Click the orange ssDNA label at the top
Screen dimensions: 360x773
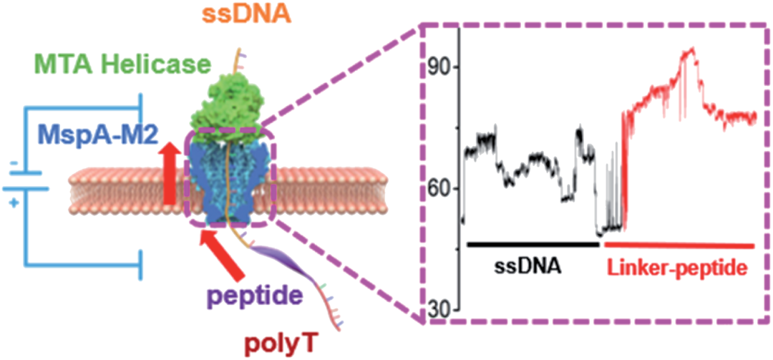point(245,13)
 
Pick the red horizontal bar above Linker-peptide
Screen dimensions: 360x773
point(679,245)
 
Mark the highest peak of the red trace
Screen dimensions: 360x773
point(691,49)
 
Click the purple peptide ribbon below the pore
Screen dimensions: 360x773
point(283,265)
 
